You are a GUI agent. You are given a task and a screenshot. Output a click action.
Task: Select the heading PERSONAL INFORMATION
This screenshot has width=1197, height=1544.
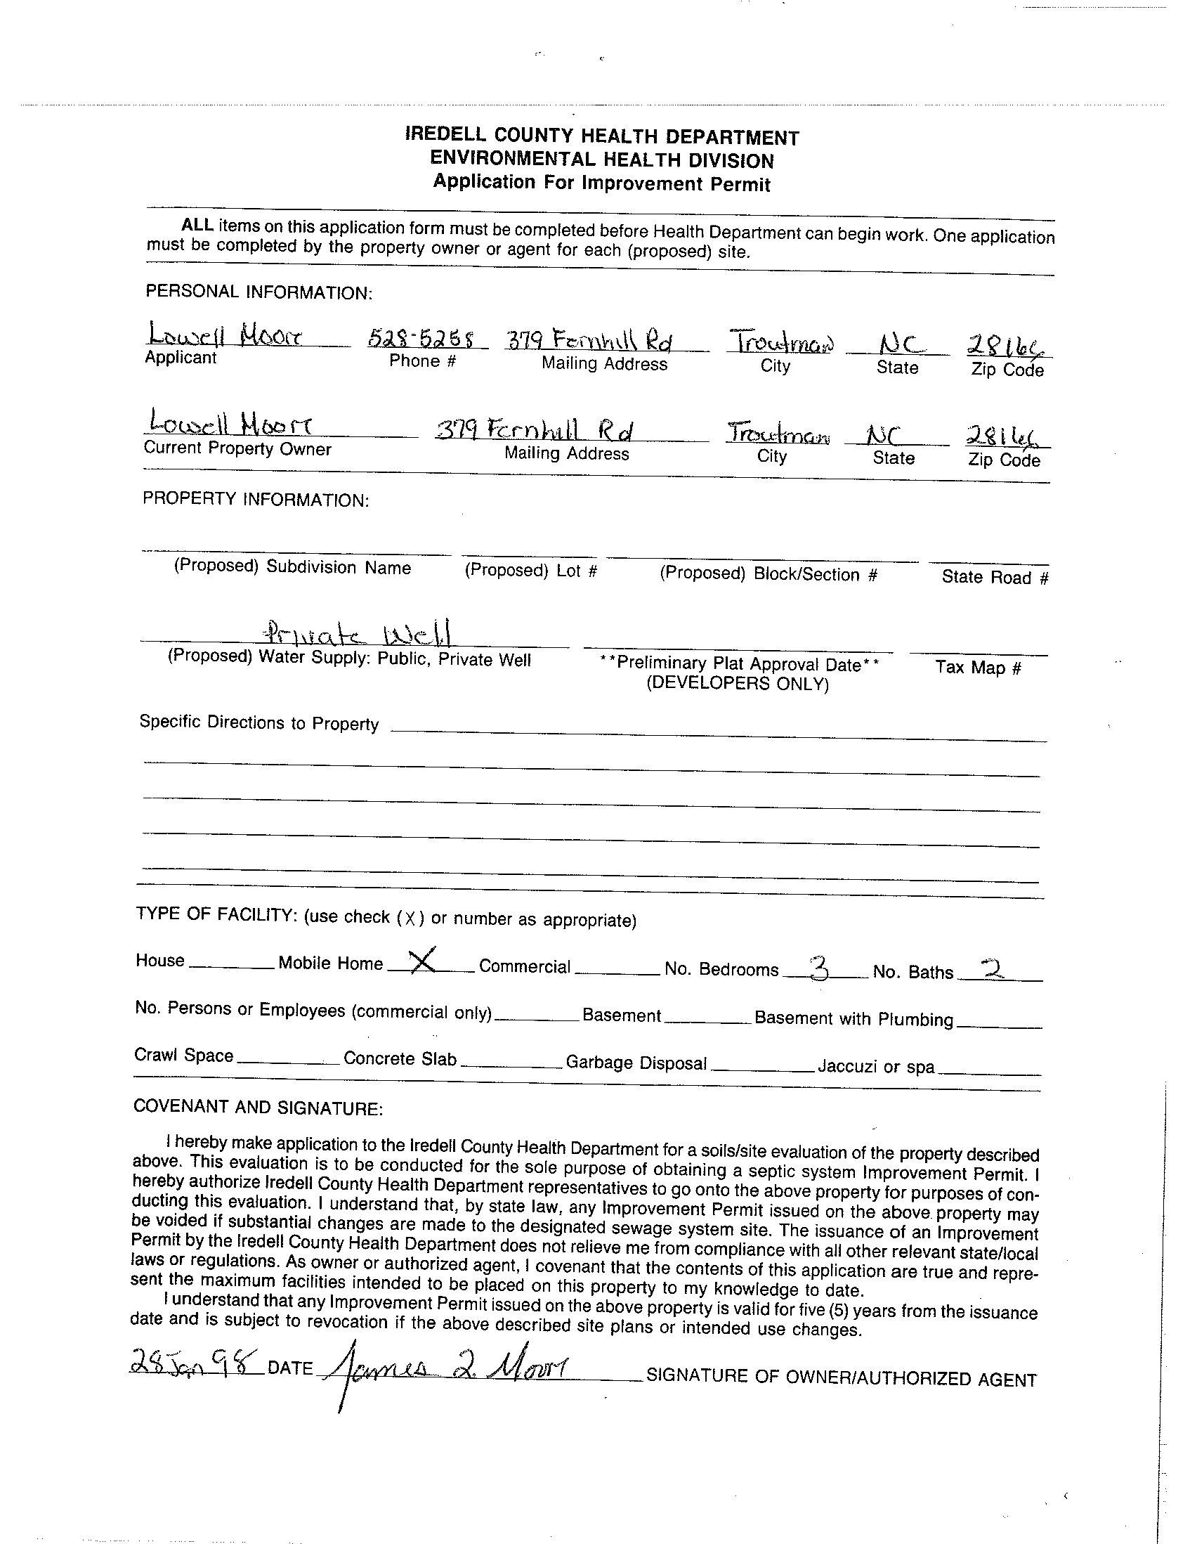click(259, 292)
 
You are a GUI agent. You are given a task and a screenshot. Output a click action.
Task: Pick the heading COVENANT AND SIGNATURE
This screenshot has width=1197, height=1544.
click(258, 1108)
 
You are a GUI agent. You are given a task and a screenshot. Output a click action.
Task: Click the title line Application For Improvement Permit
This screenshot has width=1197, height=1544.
click(601, 183)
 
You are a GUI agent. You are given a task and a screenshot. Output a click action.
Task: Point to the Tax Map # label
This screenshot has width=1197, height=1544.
click(978, 668)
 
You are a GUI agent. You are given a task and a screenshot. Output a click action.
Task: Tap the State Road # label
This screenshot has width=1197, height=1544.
click(995, 578)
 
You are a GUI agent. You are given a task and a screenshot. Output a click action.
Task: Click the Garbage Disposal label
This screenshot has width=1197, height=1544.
click(636, 1063)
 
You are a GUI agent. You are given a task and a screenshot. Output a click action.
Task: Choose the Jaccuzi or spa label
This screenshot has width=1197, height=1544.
click(875, 1066)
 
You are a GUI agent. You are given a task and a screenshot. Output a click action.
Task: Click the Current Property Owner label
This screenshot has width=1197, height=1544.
click(237, 449)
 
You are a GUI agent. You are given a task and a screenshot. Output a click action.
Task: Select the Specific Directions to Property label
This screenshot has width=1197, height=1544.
click(259, 722)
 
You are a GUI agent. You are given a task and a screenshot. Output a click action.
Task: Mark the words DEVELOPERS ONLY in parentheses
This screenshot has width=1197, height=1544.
click(737, 684)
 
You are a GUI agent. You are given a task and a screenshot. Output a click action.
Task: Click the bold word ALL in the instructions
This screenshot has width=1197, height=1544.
click(197, 226)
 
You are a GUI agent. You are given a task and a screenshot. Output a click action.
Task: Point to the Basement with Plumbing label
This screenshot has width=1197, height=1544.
click(853, 1019)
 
